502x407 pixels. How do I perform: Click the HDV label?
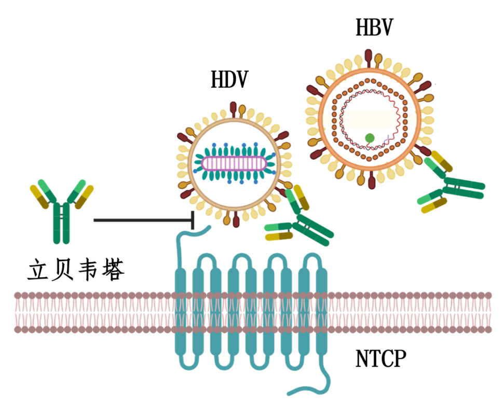(x=229, y=80)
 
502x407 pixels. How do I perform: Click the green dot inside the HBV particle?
(x=370, y=137)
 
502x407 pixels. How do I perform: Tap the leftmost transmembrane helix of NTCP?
(x=181, y=311)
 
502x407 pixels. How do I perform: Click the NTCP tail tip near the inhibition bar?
(x=209, y=227)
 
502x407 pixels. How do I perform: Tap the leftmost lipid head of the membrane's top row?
(x=18, y=296)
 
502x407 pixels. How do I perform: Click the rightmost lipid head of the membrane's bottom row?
(x=488, y=329)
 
